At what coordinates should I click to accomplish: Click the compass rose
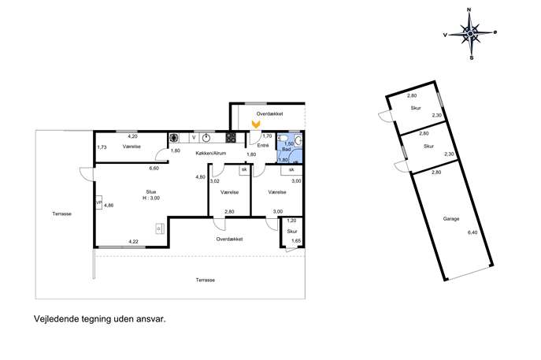coord(470,34)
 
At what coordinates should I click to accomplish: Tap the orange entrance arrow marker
coord(256,124)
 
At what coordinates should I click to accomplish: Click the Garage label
coord(451,219)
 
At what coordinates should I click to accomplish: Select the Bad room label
coord(286,150)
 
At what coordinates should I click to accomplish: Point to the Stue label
coord(150,192)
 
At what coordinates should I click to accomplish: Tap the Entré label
coord(263,146)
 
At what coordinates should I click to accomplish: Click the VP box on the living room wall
coord(98,203)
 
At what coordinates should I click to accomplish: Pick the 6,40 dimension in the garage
coord(472,232)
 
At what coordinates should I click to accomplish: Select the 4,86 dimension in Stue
coord(109,206)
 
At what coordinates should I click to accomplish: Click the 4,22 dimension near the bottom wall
coord(134,242)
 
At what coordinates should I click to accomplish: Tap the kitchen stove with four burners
coord(231,138)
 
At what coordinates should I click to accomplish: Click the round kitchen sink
coord(206,138)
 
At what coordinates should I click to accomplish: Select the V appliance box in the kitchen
coord(194,138)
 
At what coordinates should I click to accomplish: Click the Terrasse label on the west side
coord(62,213)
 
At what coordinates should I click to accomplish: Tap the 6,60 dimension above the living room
coord(154,169)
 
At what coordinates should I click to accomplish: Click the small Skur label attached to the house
coord(292,232)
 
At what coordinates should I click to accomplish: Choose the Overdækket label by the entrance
coord(270,113)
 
